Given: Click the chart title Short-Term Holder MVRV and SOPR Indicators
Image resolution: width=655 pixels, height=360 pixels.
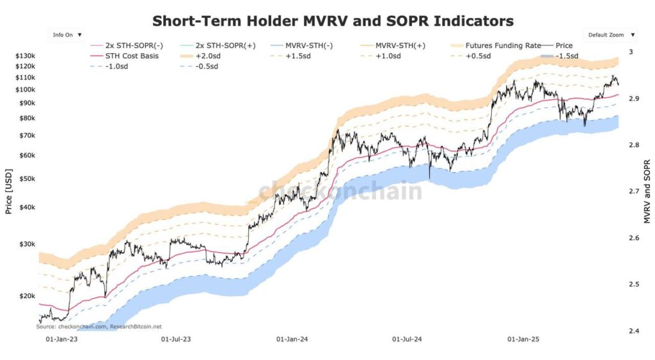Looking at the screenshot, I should tap(333, 21).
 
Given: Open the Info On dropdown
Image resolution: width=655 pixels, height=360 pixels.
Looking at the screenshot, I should tap(67, 35).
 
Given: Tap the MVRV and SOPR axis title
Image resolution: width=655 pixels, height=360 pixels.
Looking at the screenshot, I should tap(647, 191).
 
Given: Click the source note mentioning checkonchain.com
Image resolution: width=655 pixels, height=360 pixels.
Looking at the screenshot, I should tap(99, 326).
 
